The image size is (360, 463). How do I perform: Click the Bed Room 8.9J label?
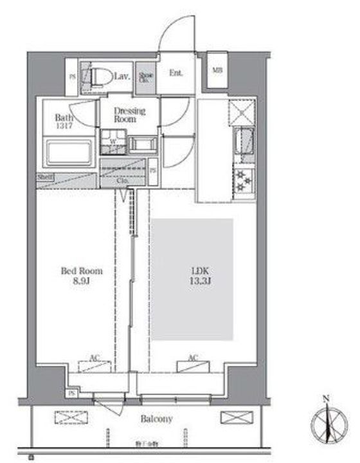pyautogui.click(x=82, y=276)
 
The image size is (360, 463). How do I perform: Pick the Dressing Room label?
pyautogui.click(x=130, y=114)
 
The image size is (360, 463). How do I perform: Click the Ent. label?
pyautogui.click(x=176, y=73)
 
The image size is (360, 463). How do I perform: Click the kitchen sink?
pyautogui.click(x=245, y=142)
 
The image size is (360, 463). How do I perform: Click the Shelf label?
pyautogui.click(x=45, y=177)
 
